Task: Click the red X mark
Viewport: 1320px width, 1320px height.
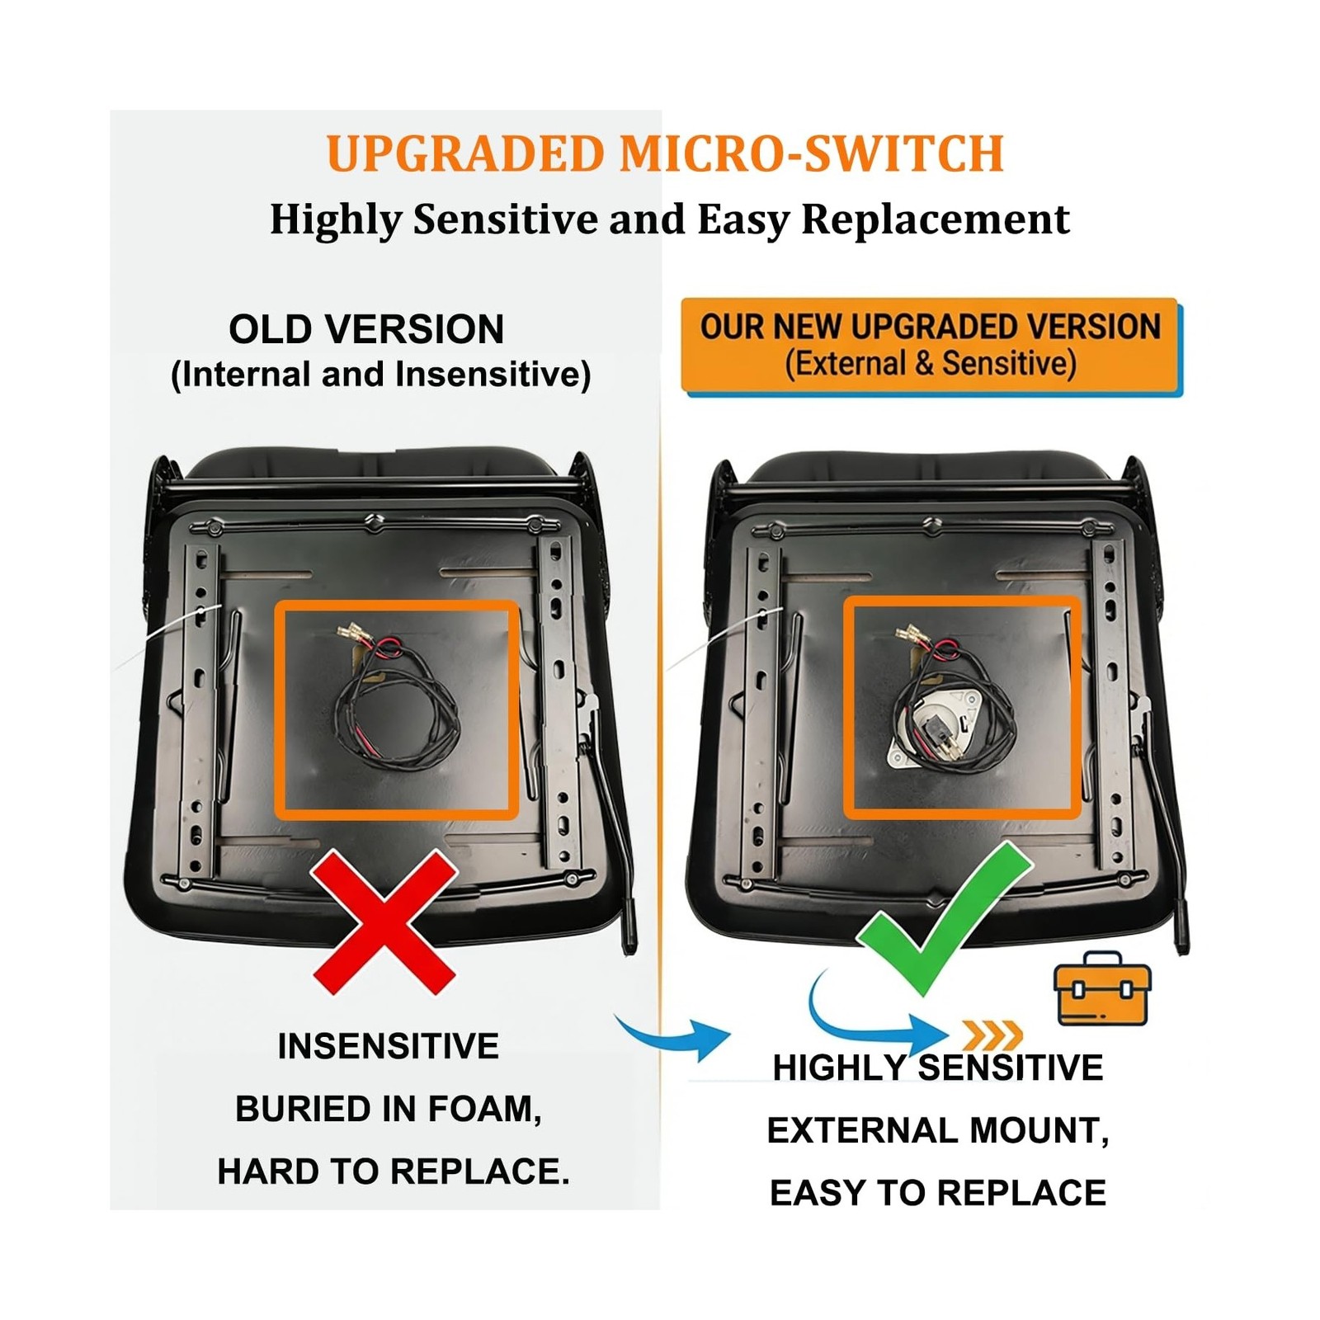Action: (x=384, y=922)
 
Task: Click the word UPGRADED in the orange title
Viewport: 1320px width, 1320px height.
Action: (x=466, y=153)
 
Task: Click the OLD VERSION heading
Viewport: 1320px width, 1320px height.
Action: (x=366, y=329)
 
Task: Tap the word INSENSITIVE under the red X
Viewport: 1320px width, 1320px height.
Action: (x=388, y=1046)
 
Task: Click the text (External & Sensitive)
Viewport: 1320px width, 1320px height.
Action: (x=931, y=363)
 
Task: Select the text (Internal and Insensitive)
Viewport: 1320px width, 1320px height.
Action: (x=380, y=375)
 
